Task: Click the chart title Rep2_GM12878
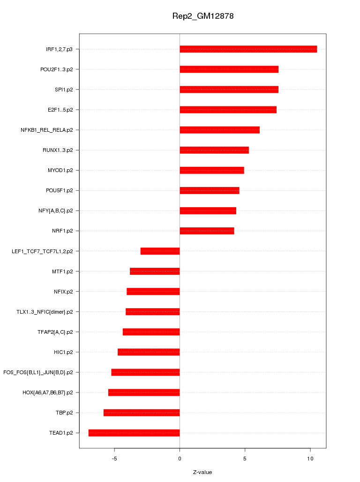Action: point(203,16)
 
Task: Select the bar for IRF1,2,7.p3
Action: point(248,49)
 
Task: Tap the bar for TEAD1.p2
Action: point(134,433)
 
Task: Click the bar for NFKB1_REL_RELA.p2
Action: point(219,130)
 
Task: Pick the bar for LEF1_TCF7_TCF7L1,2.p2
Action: point(160,251)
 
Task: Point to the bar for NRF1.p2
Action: point(207,231)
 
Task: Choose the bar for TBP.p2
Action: point(142,413)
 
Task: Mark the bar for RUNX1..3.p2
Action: point(214,150)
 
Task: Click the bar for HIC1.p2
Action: point(149,352)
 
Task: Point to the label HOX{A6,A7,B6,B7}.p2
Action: point(48,392)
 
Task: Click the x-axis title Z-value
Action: point(202,472)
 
